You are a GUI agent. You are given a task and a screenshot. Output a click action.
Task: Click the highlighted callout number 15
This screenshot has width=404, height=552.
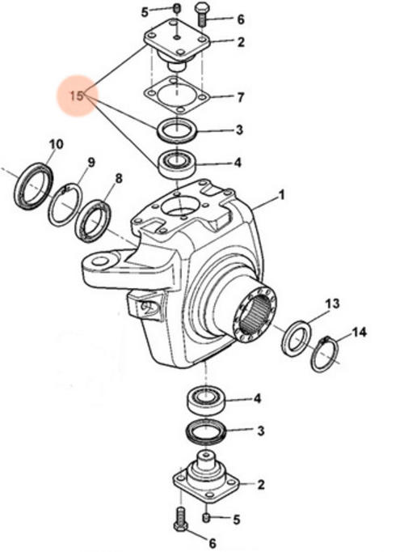(x=76, y=96)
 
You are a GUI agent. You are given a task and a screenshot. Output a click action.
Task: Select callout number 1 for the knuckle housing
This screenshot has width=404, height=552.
(x=281, y=195)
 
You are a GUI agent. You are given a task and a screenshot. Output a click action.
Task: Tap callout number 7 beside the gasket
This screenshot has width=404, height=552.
(x=240, y=97)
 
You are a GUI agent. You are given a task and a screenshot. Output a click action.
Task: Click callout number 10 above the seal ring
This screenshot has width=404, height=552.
(x=56, y=144)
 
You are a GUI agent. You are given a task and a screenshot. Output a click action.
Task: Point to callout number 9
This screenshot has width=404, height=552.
(x=91, y=163)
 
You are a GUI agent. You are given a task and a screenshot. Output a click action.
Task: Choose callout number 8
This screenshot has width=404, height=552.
(x=119, y=178)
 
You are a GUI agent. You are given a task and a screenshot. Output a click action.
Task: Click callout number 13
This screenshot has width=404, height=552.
(x=332, y=304)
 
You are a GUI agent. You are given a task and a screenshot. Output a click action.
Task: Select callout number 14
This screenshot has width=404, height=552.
(x=359, y=332)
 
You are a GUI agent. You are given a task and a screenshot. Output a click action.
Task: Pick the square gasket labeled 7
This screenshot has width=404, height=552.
(x=177, y=95)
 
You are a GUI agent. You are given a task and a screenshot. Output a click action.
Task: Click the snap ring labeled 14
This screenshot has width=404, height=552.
(x=325, y=354)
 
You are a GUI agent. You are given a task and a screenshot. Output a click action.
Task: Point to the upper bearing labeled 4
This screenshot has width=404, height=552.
(x=178, y=163)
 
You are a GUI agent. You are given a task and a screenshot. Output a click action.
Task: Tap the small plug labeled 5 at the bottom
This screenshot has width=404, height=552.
(x=207, y=517)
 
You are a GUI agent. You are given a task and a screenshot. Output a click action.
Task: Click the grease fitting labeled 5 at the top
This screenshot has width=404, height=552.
(x=177, y=8)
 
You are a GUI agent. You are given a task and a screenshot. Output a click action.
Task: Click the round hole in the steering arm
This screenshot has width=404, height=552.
(x=100, y=261)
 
